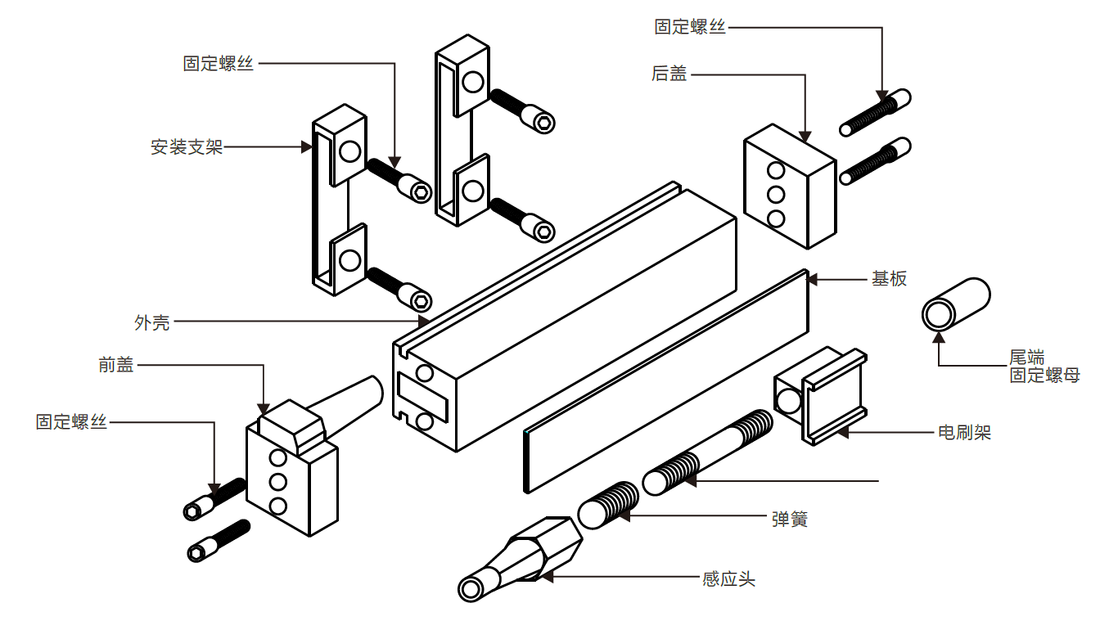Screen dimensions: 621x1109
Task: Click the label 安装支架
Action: (187, 147)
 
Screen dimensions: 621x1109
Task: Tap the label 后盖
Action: (669, 74)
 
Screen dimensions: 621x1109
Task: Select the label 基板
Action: (889, 278)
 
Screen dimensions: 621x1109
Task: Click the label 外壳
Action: (152, 322)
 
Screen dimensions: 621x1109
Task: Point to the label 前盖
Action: (116, 366)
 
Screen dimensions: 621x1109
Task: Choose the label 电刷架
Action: (964, 432)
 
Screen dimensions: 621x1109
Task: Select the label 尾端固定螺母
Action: (1044, 367)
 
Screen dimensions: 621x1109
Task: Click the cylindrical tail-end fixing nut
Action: (956, 304)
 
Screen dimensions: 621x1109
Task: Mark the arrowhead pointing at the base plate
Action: (812, 279)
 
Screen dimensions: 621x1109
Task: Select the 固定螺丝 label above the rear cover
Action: (690, 27)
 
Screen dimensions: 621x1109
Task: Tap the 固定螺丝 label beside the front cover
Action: (71, 422)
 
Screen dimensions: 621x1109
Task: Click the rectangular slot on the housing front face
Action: (422, 397)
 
